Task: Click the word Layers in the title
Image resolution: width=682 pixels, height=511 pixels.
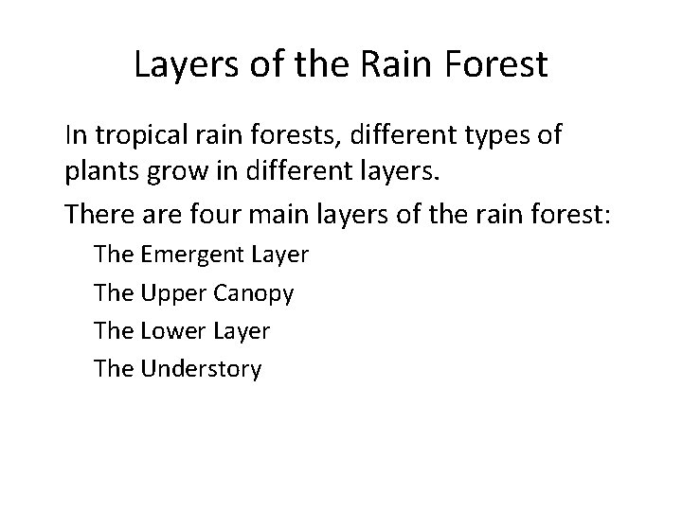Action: tap(186, 65)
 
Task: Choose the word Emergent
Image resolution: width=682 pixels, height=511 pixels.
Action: tap(194, 255)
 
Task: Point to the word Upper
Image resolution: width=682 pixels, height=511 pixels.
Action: tap(170, 293)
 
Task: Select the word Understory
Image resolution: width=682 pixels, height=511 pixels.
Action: tap(200, 369)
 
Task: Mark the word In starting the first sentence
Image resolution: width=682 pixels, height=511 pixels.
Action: tap(74, 136)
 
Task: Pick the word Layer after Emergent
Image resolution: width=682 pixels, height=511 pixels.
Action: tap(281, 256)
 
